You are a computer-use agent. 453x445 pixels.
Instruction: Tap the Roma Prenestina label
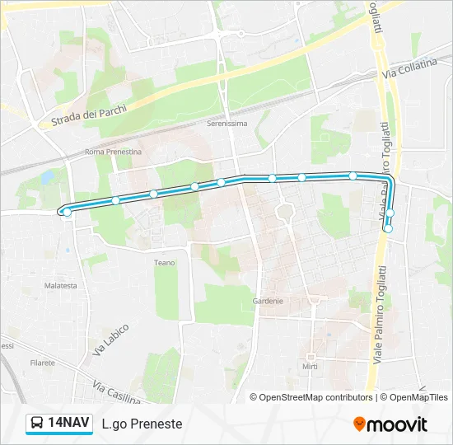coord(114,152)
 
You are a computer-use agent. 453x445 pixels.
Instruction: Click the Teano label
coord(164,263)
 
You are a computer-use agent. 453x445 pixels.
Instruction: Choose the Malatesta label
coord(61,286)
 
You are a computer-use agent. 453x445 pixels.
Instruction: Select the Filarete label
coord(42,362)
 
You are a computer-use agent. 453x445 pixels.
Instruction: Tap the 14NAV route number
coord(68,424)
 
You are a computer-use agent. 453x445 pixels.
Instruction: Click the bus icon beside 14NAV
coord(37,424)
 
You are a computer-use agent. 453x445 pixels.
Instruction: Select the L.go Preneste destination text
coord(142,424)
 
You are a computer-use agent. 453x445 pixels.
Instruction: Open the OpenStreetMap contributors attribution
coord(316,397)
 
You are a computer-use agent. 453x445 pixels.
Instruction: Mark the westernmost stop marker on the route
coord(67,213)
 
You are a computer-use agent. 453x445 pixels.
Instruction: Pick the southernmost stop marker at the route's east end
coord(388,229)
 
